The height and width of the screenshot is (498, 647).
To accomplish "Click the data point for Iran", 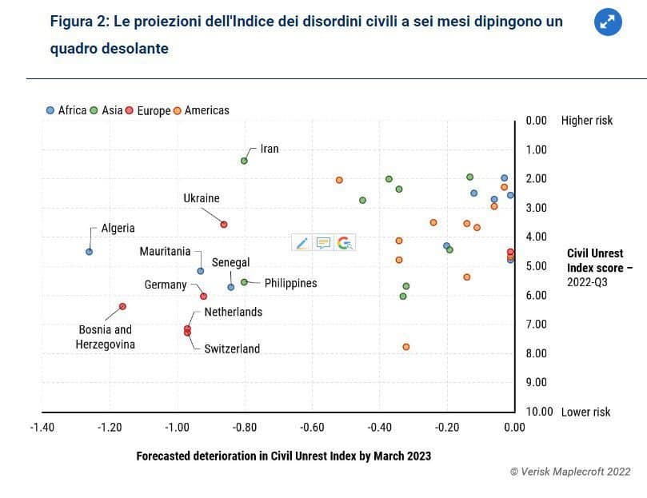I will pyautogui.click(x=244, y=161).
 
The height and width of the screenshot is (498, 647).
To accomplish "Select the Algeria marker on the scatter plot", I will pyautogui.click(x=89, y=252).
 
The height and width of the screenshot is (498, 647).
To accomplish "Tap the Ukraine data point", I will pyautogui.click(x=224, y=225).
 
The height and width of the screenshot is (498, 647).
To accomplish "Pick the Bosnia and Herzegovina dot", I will pyautogui.click(x=122, y=306).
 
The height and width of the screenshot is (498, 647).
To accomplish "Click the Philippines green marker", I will pyautogui.click(x=244, y=282).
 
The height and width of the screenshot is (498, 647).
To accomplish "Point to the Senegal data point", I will pyautogui.click(x=231, y=287).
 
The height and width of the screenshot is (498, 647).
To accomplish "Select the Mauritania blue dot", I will pyautogui.click(x=201, y=271).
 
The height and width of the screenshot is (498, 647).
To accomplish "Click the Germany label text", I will pyautogui.click(x=166, y=285).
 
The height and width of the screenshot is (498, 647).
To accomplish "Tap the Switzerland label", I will pyautogui.click(x=232, y=349).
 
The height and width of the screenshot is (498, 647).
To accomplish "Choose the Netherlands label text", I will pyautogui.click(x=233, y=312).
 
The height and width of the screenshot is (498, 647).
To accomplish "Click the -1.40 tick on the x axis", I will pyautogui.click(x=42, y=427).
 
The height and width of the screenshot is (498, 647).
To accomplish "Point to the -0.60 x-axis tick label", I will pyautogui.click(x=312, y=427).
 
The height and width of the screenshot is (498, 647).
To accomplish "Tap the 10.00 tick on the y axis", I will pyautogui.click(x=540, y=412).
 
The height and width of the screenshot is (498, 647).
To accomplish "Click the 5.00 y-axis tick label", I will pyautogui.click(x=537, y=266).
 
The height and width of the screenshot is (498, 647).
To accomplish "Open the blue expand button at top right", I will pyautogui.click(x=608, y=22).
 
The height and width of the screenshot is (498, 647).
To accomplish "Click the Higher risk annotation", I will pyautogui.click(x=587, y=121).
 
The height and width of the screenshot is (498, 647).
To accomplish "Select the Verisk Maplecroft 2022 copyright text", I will pyautogui.click(x=570, y=472).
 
